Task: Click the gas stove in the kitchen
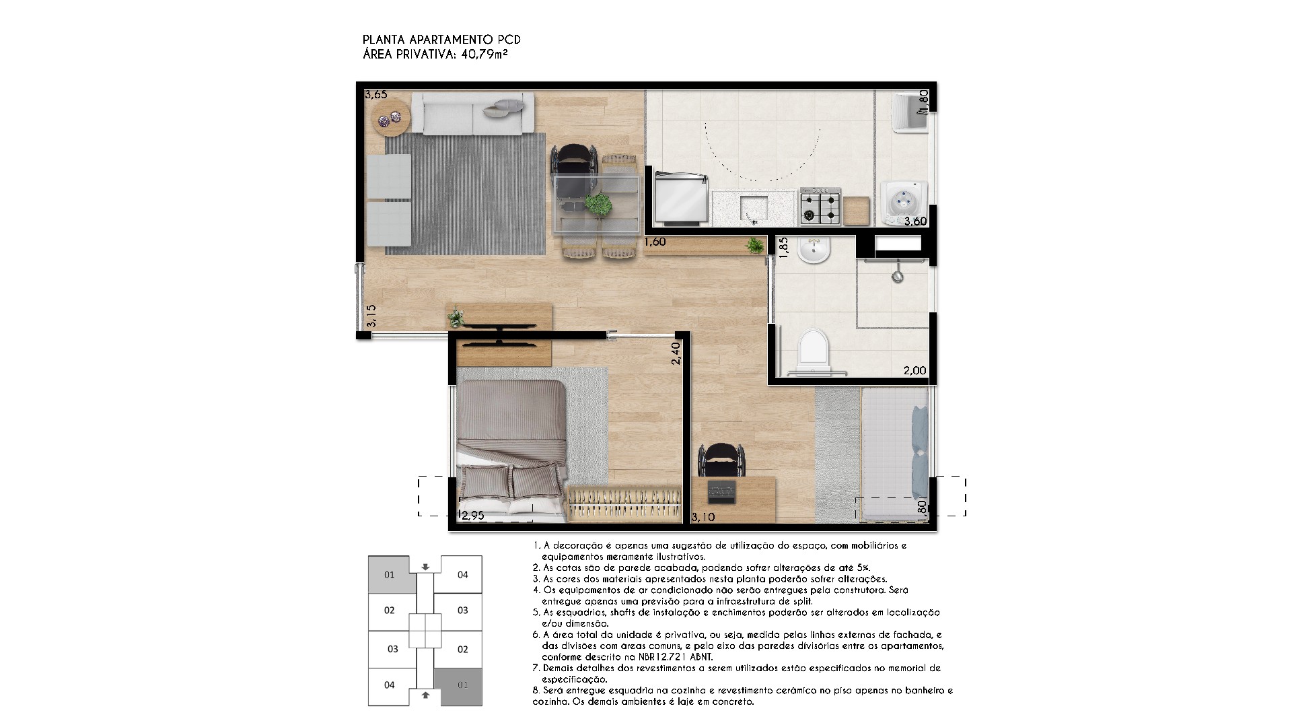[x=820, y=207]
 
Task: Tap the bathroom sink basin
[x=815, y=252]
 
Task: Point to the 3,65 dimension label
[x=375, y=95]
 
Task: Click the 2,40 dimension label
[x=676, y=353]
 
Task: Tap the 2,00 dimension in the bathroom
[x=914, y=370]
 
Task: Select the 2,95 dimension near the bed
[x=472, y=516]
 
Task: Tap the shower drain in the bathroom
[x=897, y=276]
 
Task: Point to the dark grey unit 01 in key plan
[x=458, y=687]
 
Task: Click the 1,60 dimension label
[x=655, y=242]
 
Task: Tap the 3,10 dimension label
[x=704, y=517]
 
